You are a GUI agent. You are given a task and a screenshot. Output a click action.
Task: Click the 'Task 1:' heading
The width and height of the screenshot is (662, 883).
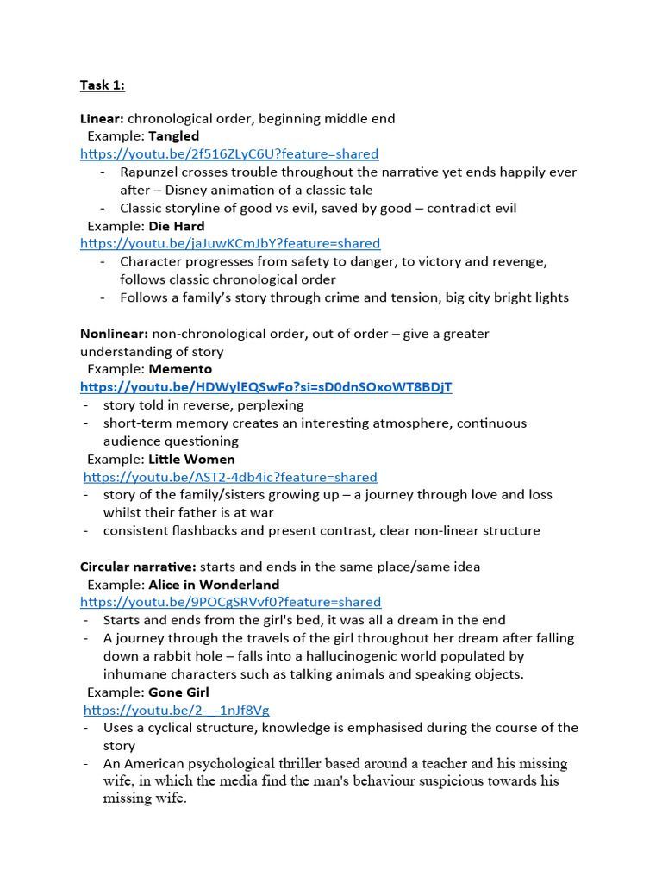pyautogui.click(x=103, y=85)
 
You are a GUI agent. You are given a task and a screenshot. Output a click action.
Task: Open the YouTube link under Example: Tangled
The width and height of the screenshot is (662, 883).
pyautogui.click(x=229, y=154)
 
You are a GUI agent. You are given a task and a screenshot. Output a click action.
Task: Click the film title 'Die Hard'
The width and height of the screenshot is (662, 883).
pyautogui.click(x=177, y=226)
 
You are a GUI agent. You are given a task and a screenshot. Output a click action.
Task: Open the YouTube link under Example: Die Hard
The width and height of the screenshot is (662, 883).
pyautogui.click(x=230, y=244)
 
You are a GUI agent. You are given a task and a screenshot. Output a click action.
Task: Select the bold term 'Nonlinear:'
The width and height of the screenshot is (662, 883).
pyautogui.click(x=115, y=334)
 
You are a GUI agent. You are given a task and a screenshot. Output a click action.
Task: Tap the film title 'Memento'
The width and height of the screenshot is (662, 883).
pyautogui.click(x=180, y=369)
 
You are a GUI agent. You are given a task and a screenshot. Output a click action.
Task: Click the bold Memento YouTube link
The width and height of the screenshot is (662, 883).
pyautogui.click(x=265, y=387)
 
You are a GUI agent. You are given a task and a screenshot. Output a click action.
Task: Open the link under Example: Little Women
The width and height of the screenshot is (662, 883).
pyautogui.click(x=230, y=478)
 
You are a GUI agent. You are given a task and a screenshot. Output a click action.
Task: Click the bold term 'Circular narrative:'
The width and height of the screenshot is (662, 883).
pyautogui.click(x=138, y=567)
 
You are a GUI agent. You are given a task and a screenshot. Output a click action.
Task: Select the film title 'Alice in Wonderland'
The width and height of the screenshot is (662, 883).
pyautogui.click(x=214, y=585)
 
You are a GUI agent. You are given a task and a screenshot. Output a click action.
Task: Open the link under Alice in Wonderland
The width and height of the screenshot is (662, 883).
pyautogui.click(x=230, y=603)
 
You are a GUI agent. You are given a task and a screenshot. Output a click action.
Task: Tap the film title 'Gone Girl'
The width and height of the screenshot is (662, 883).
pyautogui.click(x=178, y=692)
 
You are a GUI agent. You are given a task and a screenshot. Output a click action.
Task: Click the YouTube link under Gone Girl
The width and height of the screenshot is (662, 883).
pyautogui.click(x=177, y=711)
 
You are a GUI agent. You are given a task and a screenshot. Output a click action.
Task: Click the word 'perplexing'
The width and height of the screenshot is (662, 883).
pyautogui.click(x=272, y=405)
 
